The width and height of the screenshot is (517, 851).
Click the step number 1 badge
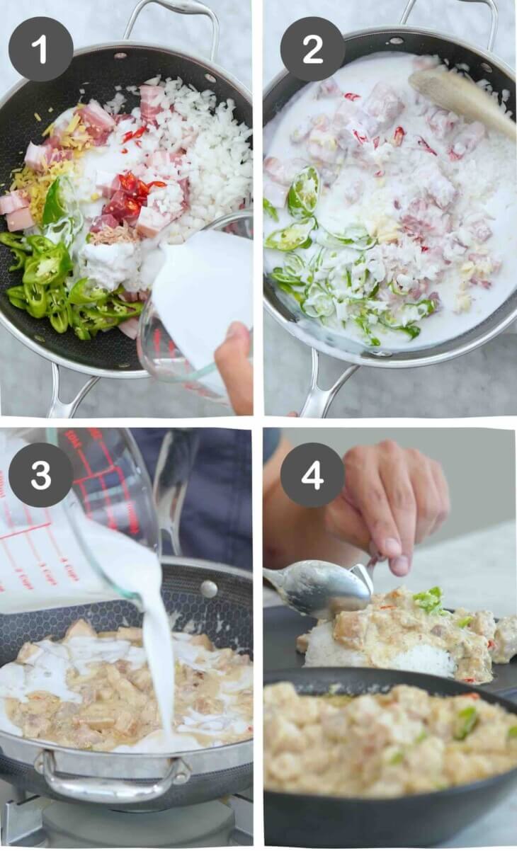pos(40,49)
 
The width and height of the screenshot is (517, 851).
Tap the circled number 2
pos(312,49)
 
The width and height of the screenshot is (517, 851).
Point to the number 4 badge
pos(312,474)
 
